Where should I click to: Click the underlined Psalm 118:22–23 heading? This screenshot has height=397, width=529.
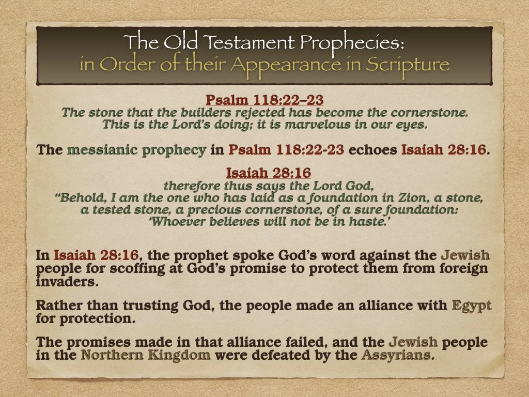tap(264, 99)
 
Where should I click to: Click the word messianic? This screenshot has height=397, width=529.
tap(99, 150)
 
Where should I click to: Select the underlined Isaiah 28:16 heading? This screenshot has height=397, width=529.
tap(268, 172)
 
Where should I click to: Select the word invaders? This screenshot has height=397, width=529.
tap(61, 282)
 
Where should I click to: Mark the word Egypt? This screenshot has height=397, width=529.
tap(471, 306)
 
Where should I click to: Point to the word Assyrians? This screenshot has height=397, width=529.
tap(396, 355)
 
